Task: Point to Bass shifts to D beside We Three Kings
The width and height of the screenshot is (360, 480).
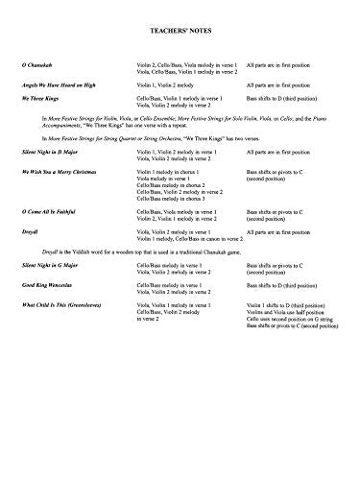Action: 287,99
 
